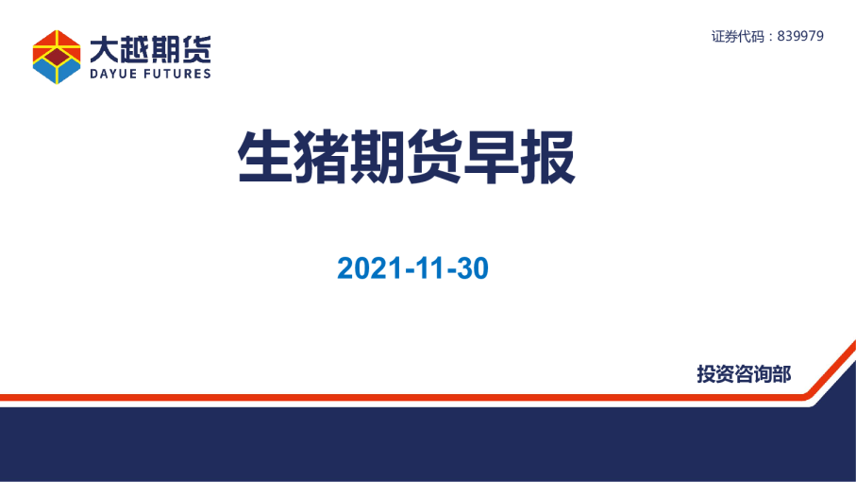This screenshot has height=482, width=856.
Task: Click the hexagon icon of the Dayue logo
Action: tap(57, 57)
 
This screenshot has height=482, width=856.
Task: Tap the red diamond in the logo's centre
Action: tap(57, 56)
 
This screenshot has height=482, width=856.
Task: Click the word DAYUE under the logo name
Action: tap(113, 74)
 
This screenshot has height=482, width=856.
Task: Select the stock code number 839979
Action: tap(800, 36)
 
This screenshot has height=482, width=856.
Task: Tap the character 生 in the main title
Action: tap(265, 157)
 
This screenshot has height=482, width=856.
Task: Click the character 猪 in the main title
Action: tap(322, 157)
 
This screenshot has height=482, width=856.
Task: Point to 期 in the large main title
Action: tap(378, 157)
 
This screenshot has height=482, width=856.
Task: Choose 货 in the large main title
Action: tap(435, 157)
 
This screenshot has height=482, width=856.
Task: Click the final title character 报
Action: tap(547, 157)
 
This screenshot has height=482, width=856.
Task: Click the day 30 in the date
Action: tap(472, 268)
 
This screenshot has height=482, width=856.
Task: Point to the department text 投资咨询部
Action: tap(744, 374)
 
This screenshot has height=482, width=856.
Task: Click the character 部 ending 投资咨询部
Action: tap(781, 374)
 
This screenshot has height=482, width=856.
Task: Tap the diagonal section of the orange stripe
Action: tap(830, 369)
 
